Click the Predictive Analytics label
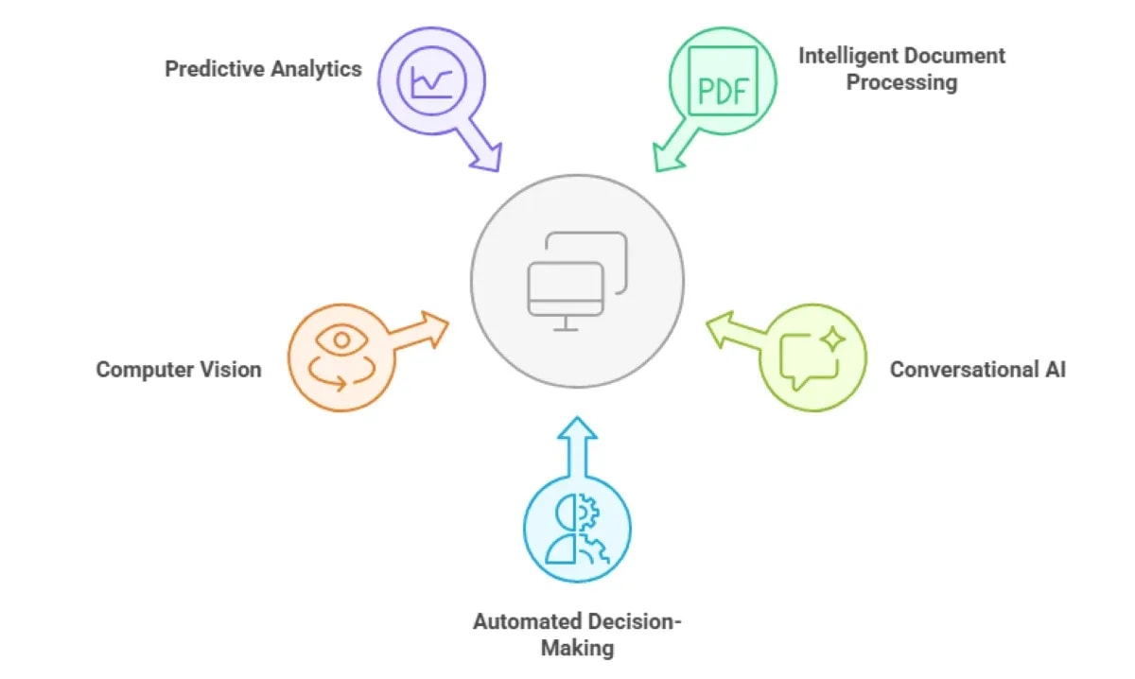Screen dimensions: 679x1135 point(263,69)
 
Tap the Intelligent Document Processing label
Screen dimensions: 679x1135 point(901,68)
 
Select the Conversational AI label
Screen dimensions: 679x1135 point(977,369)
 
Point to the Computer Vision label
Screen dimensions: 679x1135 point(179,369)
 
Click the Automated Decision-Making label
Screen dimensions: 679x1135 point(577,635)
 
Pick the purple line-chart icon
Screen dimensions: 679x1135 point(431,81)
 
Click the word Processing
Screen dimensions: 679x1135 point(901,82)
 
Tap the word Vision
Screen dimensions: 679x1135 point(230,369)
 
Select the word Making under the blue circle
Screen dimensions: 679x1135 point(577,648)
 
